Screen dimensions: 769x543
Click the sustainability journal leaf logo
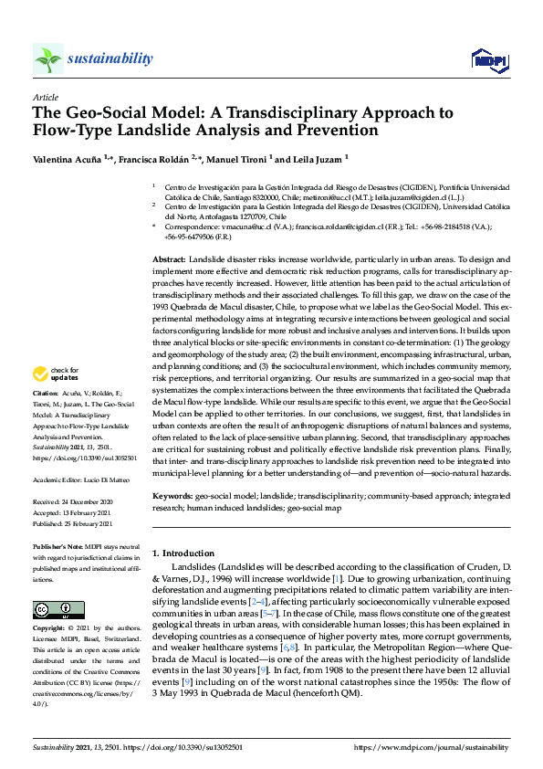48,59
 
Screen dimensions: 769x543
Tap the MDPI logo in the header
487,60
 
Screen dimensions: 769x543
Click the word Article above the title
46,96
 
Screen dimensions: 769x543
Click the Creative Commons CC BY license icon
58,609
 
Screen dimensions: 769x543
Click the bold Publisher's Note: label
61,546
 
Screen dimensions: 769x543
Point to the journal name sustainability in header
110,59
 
